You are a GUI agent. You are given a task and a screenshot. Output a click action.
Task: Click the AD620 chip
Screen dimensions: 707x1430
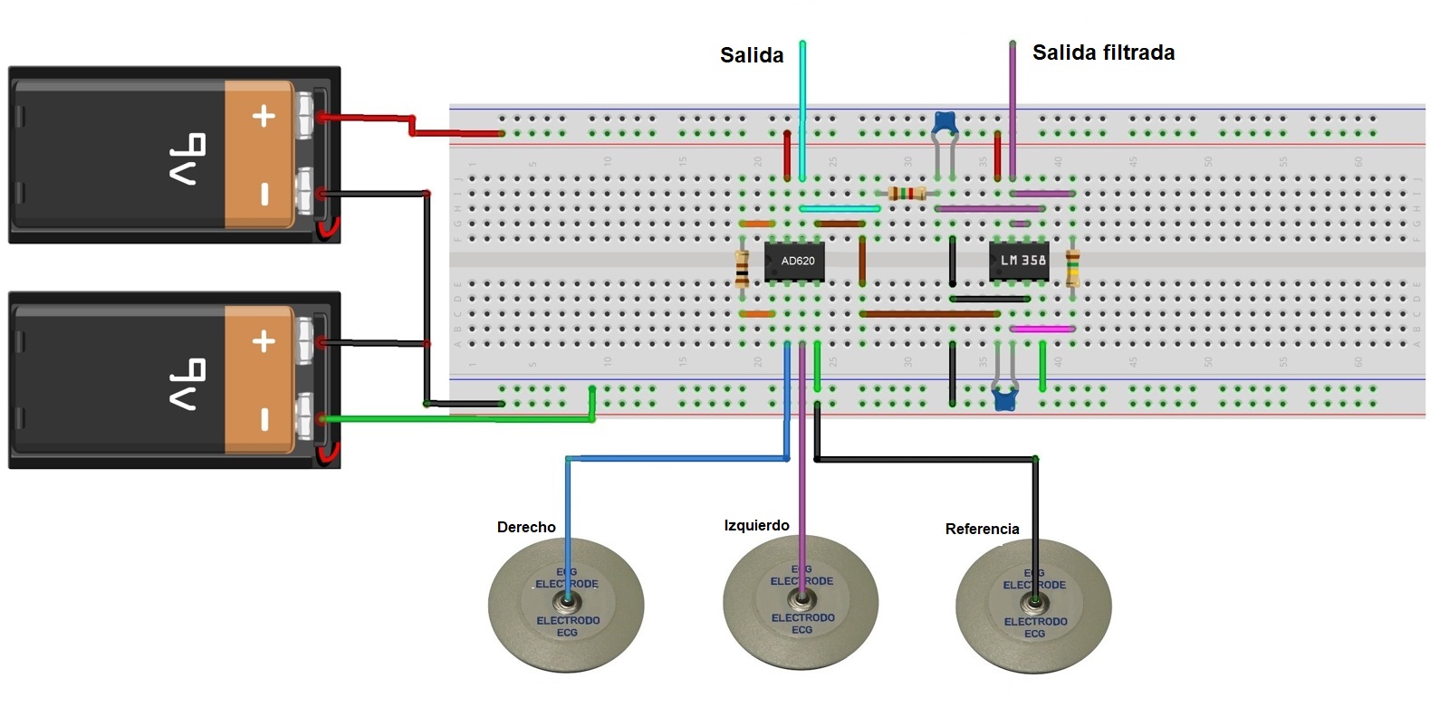(794, 261)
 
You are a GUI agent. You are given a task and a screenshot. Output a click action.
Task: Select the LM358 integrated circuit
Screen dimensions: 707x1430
(1019, 261)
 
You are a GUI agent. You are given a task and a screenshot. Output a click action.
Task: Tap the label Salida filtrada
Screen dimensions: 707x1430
(1103, 53)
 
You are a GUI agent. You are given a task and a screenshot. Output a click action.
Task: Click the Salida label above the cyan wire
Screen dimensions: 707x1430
(751, 55)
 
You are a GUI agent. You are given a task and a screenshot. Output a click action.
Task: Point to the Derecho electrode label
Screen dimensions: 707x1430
(526, 527)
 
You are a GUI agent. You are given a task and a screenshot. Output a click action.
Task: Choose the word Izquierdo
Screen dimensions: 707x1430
(756, 525)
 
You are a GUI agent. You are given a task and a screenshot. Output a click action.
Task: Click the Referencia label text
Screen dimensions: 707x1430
(982, 529)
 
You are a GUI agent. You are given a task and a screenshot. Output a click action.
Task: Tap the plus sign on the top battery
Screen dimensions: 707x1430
(264, 116)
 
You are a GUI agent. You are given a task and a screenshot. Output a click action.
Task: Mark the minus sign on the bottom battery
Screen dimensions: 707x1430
(264, 419)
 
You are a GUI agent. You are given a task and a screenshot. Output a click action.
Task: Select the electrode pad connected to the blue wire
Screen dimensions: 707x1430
(566, 604)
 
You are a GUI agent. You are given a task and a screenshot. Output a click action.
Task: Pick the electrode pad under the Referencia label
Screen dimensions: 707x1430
(1033, 605)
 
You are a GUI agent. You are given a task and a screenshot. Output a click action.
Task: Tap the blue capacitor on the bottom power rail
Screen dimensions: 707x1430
(1004, 397)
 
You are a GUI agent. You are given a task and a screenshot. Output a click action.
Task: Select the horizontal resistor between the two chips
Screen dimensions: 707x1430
(907, 193)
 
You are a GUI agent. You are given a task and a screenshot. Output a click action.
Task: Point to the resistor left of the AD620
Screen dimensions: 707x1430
(743, 268)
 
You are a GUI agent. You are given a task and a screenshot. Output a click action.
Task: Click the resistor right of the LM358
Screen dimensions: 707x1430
(1073, 268)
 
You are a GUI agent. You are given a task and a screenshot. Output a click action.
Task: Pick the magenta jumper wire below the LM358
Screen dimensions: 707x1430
(1041, 330)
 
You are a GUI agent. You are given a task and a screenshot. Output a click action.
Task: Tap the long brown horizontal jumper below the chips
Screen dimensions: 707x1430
(929, 314)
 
